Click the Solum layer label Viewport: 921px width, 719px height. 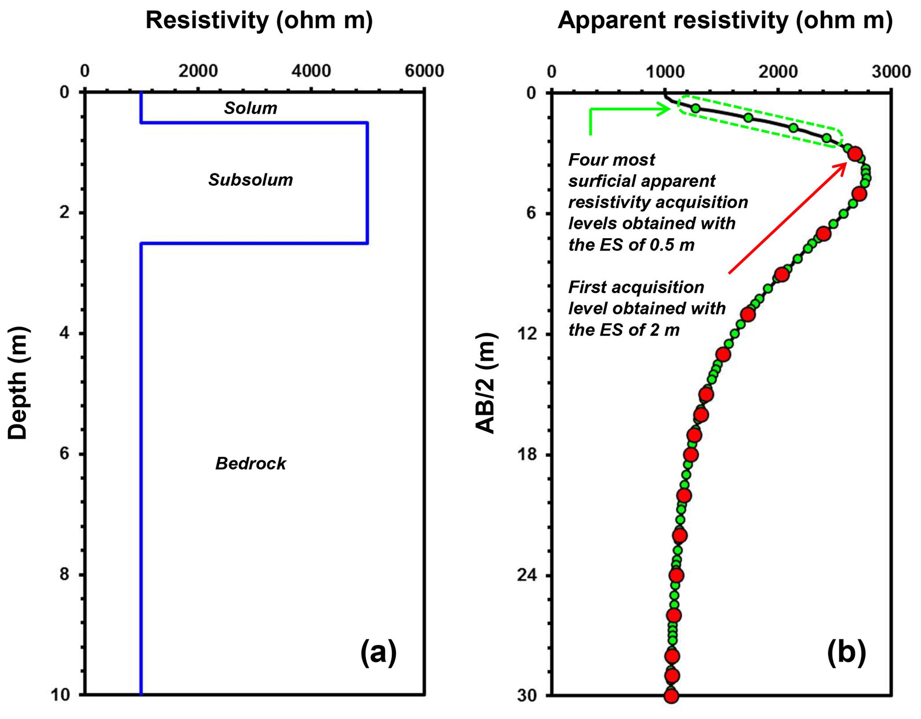click(x=250, y=108)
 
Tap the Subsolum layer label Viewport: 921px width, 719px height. click(x=250, y=180)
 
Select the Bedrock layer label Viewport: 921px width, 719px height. click(x=250, y=464)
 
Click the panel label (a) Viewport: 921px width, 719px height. click(x=378, y=652)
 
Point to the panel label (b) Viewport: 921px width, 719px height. click(x=846, y=652)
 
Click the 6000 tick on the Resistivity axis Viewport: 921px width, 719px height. click(x=424, y=71)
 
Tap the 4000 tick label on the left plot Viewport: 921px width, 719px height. click(x=311, y=71)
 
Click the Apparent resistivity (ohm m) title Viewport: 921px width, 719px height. click(x=725, y=20)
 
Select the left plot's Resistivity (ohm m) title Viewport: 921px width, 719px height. click(x=259, y=20)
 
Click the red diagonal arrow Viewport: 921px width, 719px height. click(x=787, y=218)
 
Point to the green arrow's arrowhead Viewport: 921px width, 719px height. click(x=666, y=109)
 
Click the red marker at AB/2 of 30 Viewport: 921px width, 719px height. click(x=671, y=695)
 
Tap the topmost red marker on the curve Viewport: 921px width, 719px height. click(x=855, y=154)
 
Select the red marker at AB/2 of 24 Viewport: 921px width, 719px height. click(x=676, y=575)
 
